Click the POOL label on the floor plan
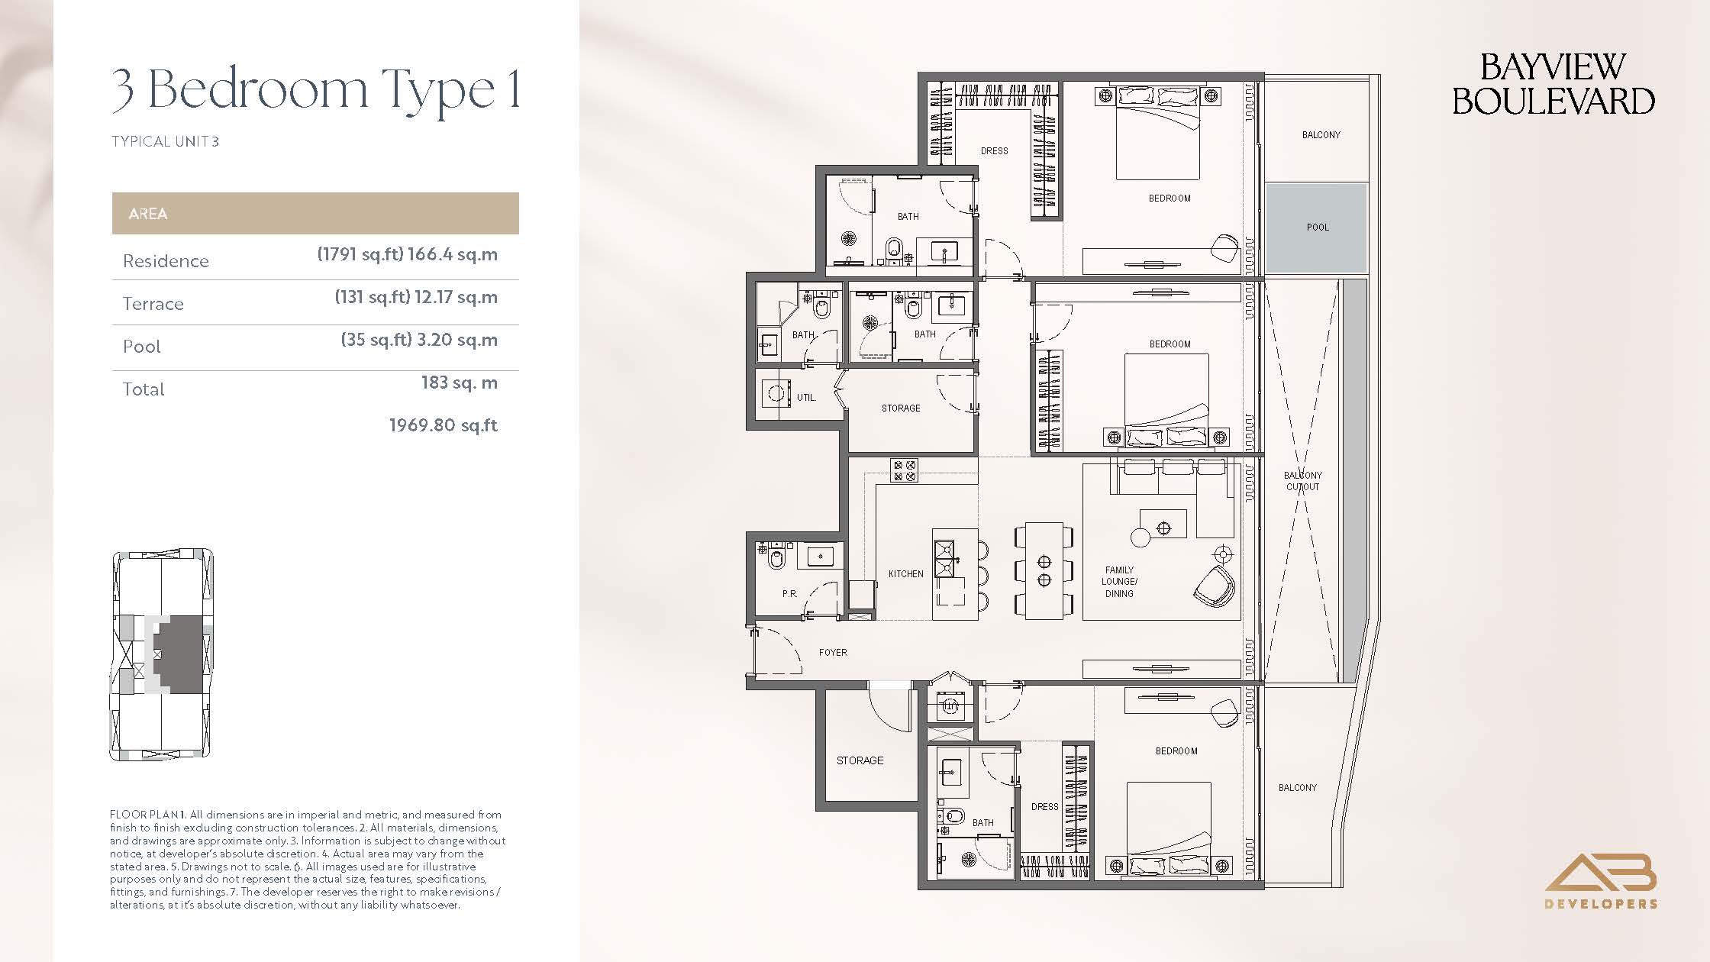click(1318, 227)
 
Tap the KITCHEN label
click(905, 573)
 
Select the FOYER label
click(833, 652)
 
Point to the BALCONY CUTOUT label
click(1302, 481)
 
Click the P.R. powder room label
click(789, 593)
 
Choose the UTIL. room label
click(806, 397)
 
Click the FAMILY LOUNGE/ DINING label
click(1119, 581)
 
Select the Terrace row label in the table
click(153, 304)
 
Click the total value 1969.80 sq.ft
click(444, 425)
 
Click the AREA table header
click(148, 214)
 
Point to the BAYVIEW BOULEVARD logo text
click(1553, 84)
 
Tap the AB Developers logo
click(1601, 880)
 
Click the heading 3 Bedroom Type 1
click(316, 91)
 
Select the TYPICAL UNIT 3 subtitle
click(165, 141)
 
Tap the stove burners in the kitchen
click(904, 470)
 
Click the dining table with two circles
click(1044, 570)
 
